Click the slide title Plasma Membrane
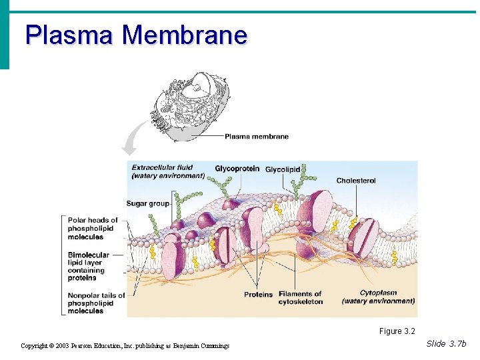136,35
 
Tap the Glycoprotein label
237,169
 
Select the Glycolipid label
283,169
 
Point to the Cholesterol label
356,181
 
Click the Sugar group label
147,203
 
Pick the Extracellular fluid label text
168,171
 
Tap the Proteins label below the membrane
258,294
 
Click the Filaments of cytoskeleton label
300,297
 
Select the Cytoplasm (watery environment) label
378,297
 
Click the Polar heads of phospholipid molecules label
93,228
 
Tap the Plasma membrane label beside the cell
256,137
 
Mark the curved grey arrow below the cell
133,138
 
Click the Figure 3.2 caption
397,331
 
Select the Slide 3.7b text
446,343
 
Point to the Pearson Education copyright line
125,346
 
